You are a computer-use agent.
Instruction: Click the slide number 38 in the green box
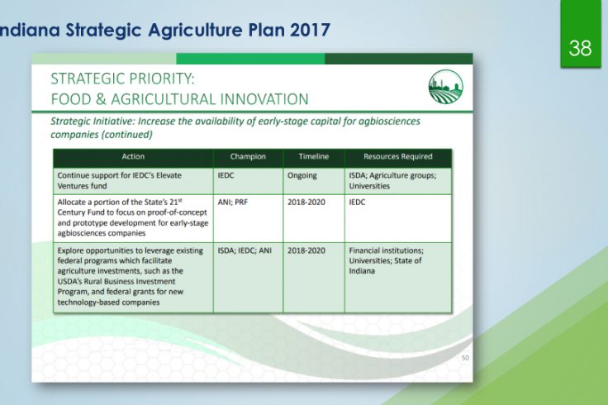coord(580,49)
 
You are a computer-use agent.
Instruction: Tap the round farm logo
coord(446,87)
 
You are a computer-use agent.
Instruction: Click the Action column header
coord(133,156)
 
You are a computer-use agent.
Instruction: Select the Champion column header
coord(248,156)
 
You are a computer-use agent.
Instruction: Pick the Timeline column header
coord(314,156)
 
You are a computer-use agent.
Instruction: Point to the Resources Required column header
coord(398,156)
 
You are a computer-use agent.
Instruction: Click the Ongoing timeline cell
coord(302,176)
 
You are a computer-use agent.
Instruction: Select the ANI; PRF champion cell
coord(233,202)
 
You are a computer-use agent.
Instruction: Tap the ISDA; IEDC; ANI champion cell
coord(245,250)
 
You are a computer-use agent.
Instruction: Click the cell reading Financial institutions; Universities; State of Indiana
coord(387,260)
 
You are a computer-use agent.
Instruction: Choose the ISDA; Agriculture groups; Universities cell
coord(392,181)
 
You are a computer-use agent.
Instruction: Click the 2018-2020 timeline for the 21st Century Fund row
coord(306,202)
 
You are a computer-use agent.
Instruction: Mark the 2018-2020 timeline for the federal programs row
coord(306,250)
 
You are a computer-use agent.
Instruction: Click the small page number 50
coord(465,358)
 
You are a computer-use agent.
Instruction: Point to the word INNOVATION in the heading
coord(264,99)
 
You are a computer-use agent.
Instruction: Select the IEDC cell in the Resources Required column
coord(357,202)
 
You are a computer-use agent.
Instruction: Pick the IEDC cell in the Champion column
coord(226,175)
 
